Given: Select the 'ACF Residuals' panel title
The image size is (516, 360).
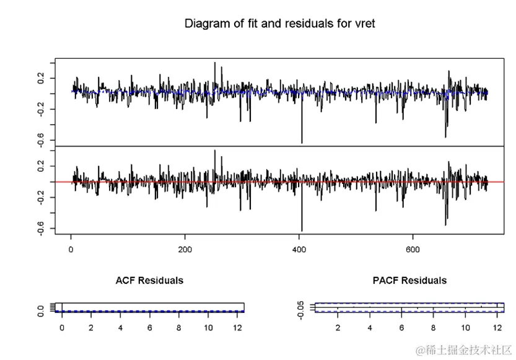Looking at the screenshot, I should pos(149,280).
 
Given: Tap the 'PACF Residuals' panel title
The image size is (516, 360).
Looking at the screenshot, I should pos(409,280).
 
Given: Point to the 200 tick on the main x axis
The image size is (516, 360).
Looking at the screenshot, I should pos(185,250).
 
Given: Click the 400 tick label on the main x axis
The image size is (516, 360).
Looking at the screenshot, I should pos(299,250).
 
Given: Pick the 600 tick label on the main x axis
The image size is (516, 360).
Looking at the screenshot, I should pos(413,250).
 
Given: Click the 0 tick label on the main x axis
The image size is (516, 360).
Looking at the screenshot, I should pos(71,250).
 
